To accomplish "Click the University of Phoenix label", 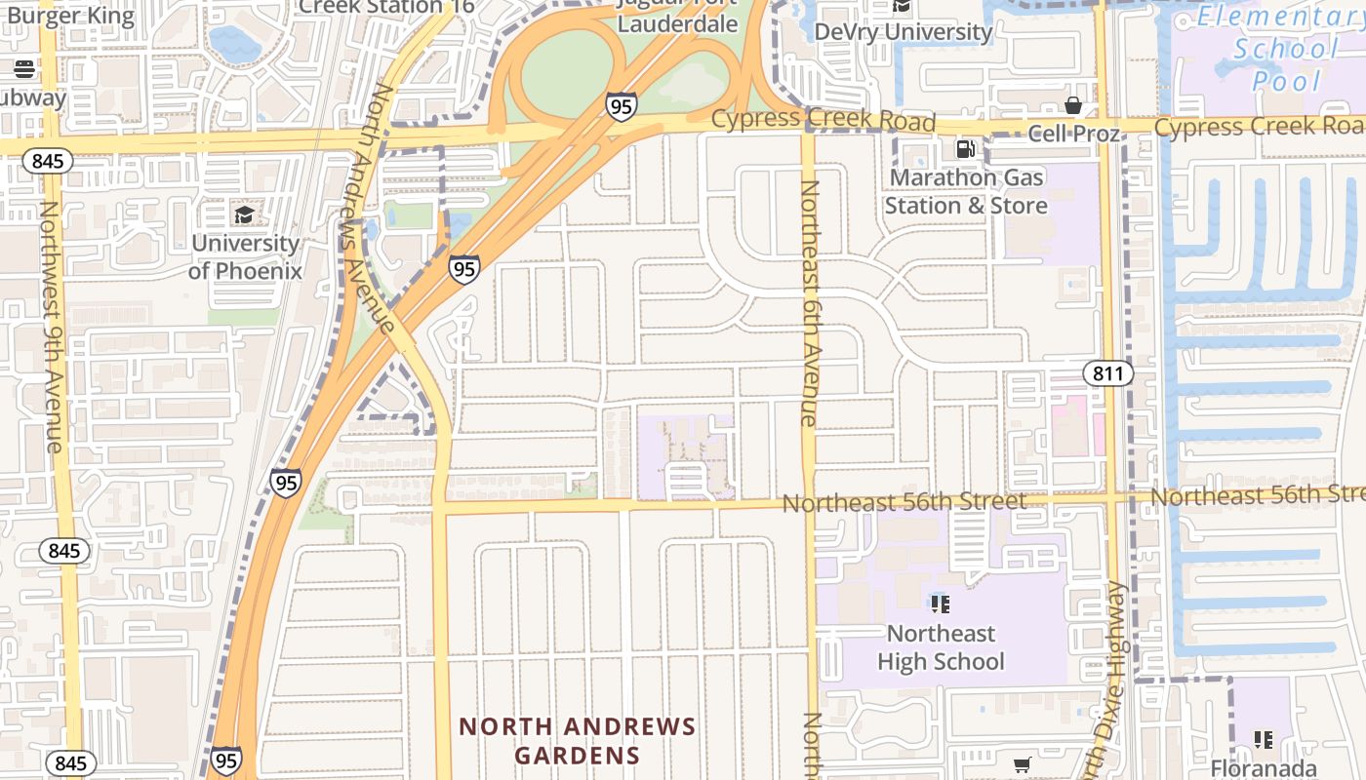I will coord(245,256).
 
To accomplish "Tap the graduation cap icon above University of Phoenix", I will coord(244,214).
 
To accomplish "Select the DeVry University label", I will coord(903,31).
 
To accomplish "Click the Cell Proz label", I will coord(1073,134).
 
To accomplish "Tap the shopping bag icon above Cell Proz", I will coord(1073,105).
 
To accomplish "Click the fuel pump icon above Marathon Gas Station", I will coord(965,149).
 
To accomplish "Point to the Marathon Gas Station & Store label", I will coord(965,191).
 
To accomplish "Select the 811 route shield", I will coord(1107,372).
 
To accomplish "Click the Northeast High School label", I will coord(941,647).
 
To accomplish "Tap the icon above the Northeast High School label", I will coord(941,604).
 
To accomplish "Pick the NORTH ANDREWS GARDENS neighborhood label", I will coord(578,741).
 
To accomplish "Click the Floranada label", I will coord(1264,768).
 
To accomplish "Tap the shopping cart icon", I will coord(1022,765).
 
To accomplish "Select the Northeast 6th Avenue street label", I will coord(809,302).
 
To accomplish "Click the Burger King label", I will coord(70,15).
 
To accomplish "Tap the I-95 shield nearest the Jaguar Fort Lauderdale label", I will coord(621,105).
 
